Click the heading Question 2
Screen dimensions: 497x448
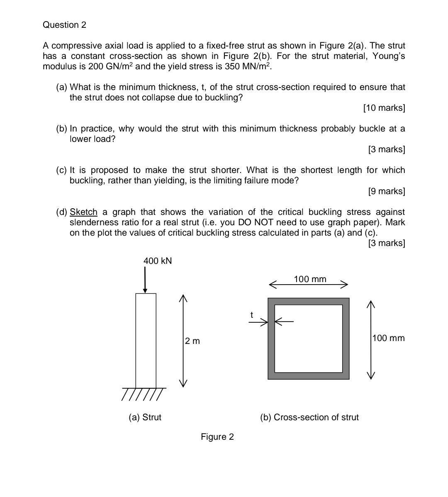tap(64, 25)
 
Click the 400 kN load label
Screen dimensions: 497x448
tap(157, 261)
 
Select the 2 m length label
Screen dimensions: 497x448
tap(192, 341)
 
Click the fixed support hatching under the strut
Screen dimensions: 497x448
tap(143, 395)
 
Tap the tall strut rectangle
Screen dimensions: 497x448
tap(146, 340)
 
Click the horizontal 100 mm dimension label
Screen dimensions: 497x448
tap(310, 279)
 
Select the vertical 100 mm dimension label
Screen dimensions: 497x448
tap(388, 338)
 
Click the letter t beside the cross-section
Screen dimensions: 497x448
tap(251, 315)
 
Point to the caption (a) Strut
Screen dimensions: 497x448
tap(145, 417)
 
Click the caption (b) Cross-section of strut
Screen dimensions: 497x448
tap(309, 417)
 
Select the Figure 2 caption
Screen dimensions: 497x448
tap(217, 437)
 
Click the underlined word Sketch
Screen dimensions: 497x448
tap(83, 212)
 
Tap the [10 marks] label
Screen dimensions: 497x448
tap(384, 108)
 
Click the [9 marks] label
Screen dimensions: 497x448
tap(386, 191)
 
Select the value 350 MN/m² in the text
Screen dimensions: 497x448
tap(248, 66)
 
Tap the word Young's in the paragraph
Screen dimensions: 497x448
tap(388, 56)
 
